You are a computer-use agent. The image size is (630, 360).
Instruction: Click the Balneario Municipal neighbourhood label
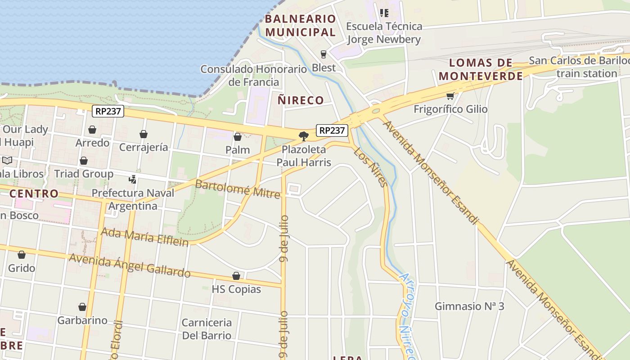pyautogui.click(x=301, y=25)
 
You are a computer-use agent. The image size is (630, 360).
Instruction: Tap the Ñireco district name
pyautogui.click(x=301, y=100)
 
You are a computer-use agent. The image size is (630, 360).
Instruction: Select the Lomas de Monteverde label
pyautogui.click(x=481, y=69)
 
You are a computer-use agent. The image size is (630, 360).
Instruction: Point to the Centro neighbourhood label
pyautogui.click(x=34, y=193)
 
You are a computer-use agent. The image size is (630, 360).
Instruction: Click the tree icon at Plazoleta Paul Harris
pyautogui.click(x=304, y=136)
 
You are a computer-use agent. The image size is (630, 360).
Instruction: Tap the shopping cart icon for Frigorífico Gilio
pyautogui.click(x=450, y=96)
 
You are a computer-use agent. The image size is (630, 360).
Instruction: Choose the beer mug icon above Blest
pyautogui.click(x=324, y=54)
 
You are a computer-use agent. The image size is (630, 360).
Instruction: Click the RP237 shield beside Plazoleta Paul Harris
pyautogui.click(x=333, y=130)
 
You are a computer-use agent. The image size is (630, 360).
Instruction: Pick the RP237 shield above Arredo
pyautogui.click(x=108, y=111)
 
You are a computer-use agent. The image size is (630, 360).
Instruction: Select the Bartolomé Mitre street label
pyautogui.click(x=238, y=189)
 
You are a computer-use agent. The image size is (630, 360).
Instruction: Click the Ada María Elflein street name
pyautogui.click(x=145, y=237)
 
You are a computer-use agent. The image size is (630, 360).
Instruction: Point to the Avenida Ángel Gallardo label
pyautogui.click(x=130, y=265)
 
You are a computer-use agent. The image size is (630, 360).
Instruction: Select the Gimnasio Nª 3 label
pyautogui.click(x=469, y=306)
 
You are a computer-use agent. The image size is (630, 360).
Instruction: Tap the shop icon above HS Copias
pyautogui.click(x=236, y=276)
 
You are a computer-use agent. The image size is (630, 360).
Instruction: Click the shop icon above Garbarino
pyautogui.click(x=82, y=307)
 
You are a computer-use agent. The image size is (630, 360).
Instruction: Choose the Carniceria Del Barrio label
pyautogui.click(x=207, y=329)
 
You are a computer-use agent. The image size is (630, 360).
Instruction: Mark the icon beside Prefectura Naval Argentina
pyautogui.click(x=132, y=179)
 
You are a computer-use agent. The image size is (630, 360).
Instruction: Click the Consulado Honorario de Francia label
pyautogui.click(x=253, y=76)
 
